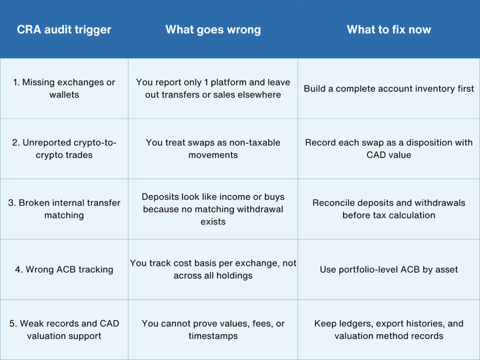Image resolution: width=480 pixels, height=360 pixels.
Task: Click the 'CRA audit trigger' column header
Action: [x=64, y=30]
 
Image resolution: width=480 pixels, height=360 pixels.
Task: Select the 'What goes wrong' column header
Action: [x=213, y=30]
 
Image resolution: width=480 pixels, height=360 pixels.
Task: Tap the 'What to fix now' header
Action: [x=389, y=30]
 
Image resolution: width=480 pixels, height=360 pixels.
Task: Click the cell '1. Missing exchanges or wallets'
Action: [x=64, y=89]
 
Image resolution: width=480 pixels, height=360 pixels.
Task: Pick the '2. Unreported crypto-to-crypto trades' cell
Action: [x=64, y=149]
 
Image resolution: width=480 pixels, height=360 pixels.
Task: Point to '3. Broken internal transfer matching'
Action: [x=64, y=209]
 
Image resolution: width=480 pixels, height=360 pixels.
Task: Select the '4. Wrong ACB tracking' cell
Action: [x=64, y=269]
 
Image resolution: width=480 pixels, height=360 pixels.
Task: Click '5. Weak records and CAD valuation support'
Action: [x=64, y=329]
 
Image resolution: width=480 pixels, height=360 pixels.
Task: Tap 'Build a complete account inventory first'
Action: [x=389, y=89]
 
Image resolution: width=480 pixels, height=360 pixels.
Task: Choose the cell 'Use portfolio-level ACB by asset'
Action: [x=389, y=269]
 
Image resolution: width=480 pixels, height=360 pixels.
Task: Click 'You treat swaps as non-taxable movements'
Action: [x=213, y=149]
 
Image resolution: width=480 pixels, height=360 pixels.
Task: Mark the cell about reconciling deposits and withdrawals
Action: [x=389, y=209]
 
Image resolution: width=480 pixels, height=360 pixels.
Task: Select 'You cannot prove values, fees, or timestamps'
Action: [x=213, y=329]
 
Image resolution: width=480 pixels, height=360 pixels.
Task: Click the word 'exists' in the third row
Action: [x=213, y=222]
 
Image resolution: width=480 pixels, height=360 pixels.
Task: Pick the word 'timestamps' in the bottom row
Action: [x=213, y=336]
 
